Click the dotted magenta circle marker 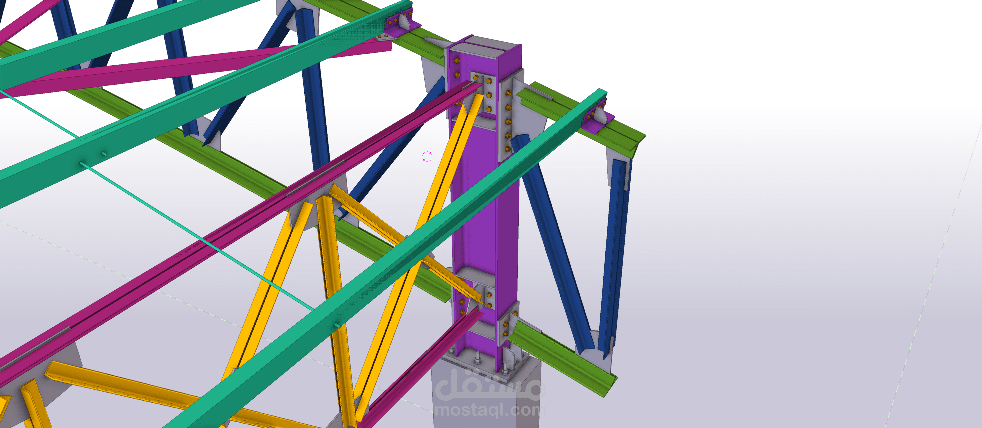point(427,156)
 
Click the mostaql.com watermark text point(490,410)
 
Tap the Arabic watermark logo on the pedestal point(490,385)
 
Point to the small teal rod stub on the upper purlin point(104,154)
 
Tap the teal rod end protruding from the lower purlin point(337,325)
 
